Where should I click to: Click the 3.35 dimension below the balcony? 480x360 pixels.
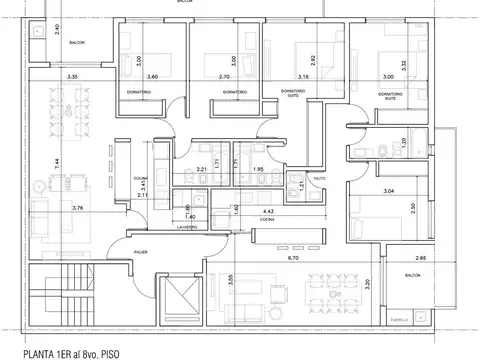(71, 77)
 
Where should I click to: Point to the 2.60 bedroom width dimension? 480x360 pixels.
(150, 77)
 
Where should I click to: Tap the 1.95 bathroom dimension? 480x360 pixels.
(257, 169)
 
